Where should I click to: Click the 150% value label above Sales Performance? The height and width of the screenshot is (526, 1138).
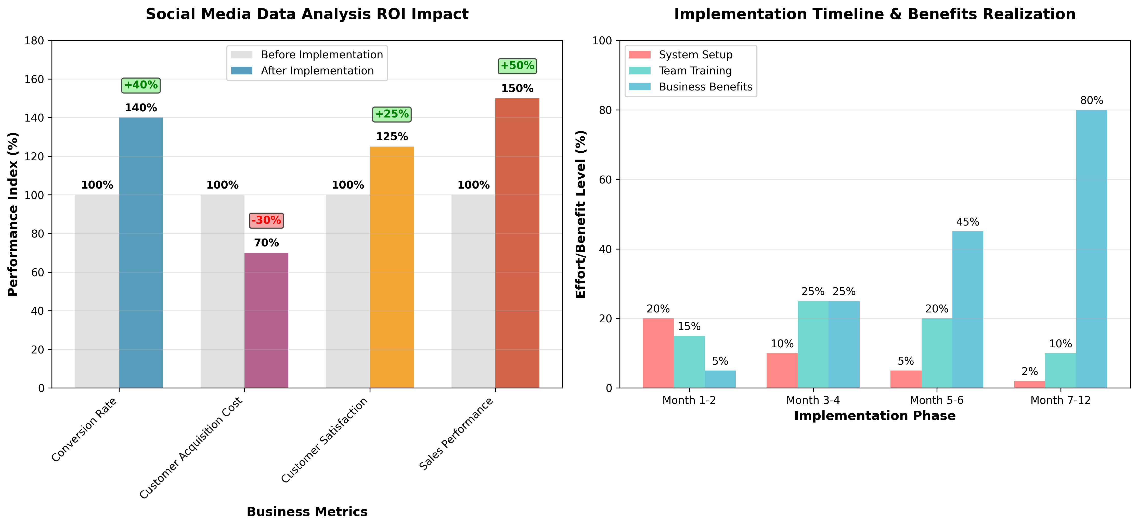517,88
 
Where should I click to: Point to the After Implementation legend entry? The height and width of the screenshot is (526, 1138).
317,71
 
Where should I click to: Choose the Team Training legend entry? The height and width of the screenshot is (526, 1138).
695,71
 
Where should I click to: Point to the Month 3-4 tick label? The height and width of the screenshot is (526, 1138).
813,400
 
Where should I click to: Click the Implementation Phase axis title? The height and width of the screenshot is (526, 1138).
875,416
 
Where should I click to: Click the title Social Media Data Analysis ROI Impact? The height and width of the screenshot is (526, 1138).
307,14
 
